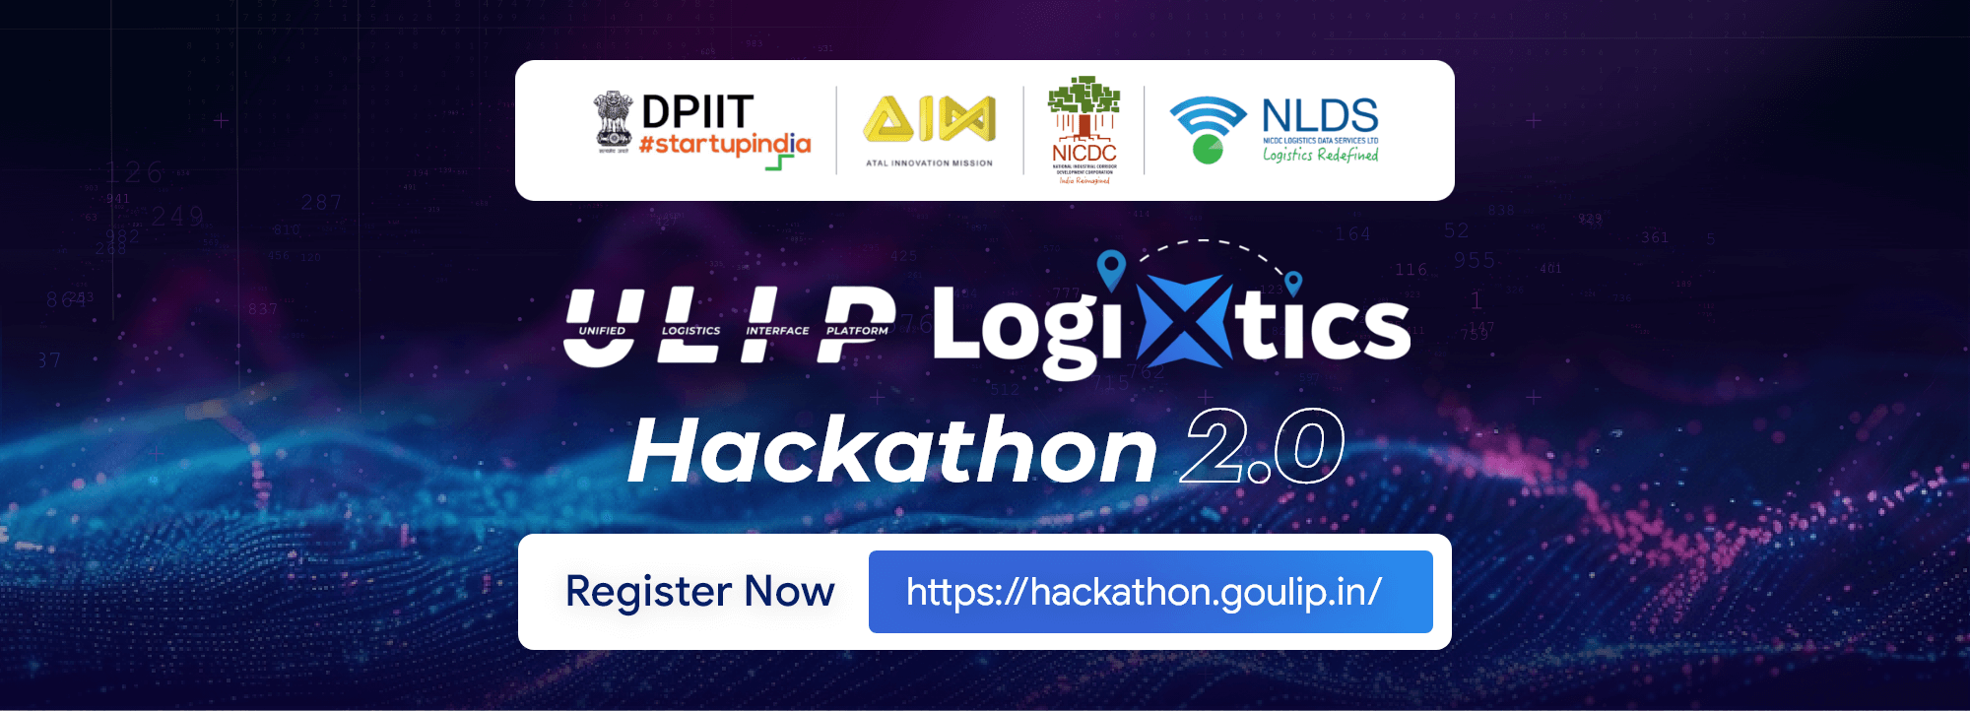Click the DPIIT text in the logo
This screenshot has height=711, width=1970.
pos(697,112)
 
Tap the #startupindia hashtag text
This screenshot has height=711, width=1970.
pos(724,146)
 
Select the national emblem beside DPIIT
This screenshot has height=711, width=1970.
pos(613,121)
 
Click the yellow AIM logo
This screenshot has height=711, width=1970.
pos(929,119)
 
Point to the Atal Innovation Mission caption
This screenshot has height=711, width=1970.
pos(929,163)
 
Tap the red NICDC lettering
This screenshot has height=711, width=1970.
pos(1083,154)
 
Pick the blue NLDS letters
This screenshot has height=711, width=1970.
pos(1320,116)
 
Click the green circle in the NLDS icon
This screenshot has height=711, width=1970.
pos(1208,150)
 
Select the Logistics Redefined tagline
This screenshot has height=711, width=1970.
pos(1320,155)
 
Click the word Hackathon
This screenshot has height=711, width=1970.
pos(892,451)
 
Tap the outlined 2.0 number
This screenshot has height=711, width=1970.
pos(1263,448)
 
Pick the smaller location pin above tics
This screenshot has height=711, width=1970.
pos(1293,283)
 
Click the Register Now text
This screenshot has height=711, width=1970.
pos(699,592)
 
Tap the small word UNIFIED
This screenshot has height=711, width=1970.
pos(602,331)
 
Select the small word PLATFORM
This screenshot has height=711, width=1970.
pos(857,331)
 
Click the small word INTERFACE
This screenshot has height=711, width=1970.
pos(777,331)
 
